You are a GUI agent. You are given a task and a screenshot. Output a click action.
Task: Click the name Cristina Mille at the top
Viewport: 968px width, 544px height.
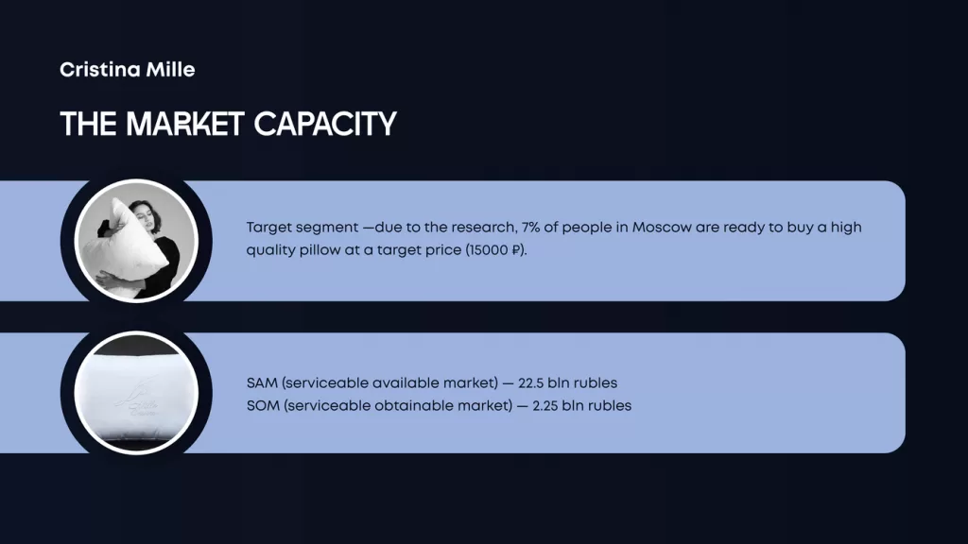(128, 70)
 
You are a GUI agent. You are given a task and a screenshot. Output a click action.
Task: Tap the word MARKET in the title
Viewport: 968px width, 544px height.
(185, 124)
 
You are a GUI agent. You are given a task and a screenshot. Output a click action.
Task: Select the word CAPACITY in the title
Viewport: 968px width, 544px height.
(325, 124)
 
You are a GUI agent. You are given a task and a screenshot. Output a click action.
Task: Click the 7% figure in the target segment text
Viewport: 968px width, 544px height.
(530, 227)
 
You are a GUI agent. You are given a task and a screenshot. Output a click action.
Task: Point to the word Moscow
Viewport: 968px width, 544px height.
(662, 227)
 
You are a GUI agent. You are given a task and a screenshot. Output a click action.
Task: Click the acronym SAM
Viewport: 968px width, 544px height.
(262, 383)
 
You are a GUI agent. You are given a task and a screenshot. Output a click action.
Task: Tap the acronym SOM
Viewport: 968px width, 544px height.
(263, 406)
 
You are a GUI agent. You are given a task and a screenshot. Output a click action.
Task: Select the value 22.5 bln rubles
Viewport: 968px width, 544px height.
(567, 383)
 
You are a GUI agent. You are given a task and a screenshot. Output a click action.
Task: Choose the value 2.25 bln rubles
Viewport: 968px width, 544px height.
(582, 406)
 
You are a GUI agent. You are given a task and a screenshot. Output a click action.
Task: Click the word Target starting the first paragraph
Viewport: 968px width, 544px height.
(269, 228)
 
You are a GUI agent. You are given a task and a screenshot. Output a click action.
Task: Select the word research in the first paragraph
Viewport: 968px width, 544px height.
(485, 227)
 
